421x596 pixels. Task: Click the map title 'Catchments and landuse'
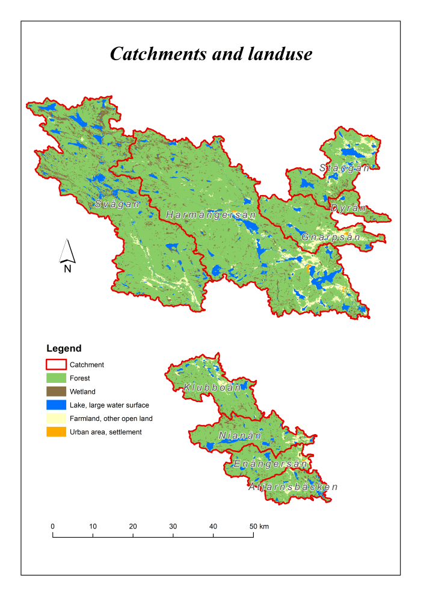tap(210, 54)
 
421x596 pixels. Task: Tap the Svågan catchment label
tap(117, 204)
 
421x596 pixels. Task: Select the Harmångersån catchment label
tap(210, 215)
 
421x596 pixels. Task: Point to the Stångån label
tap(345, 168)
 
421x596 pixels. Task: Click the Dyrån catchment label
tap(348, 208)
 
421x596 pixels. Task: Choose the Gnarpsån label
tap(331, 237)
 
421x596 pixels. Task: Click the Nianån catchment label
tap(240, 435)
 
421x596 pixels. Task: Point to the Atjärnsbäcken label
tap(293, 486)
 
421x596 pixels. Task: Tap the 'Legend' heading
tap(64, 349)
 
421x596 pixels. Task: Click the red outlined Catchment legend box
tap(56, 365)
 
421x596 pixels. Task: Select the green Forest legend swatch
tap(56, 378)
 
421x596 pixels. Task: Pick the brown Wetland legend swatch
tap(56, 391)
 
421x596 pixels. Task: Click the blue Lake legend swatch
tap(56, 405)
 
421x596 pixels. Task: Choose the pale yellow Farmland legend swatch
tap(56, 418)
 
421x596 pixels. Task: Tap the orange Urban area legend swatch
tap(56, 432)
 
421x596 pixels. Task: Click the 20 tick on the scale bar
tap(133, 533)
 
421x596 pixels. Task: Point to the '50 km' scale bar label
tap(260, 526)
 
